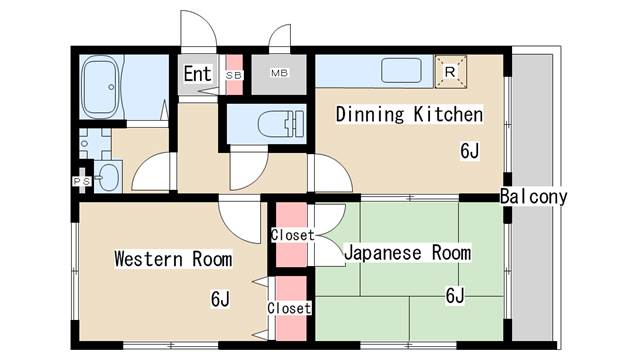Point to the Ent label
[x=197, y=73]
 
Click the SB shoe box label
[x=234, y=75]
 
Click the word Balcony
[x=534, y=196]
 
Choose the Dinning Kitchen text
[x=409, y=114]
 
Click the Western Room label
[x=172, y=260]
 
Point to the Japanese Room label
[x=406, y=253]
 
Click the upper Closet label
[x=291, y=236]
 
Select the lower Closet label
[x=289, y=308]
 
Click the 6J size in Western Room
[x=220, y=298]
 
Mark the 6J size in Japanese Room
[x=455, y=294]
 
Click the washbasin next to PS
[x=107, y=178]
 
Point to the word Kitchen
[x=448, y=114]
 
